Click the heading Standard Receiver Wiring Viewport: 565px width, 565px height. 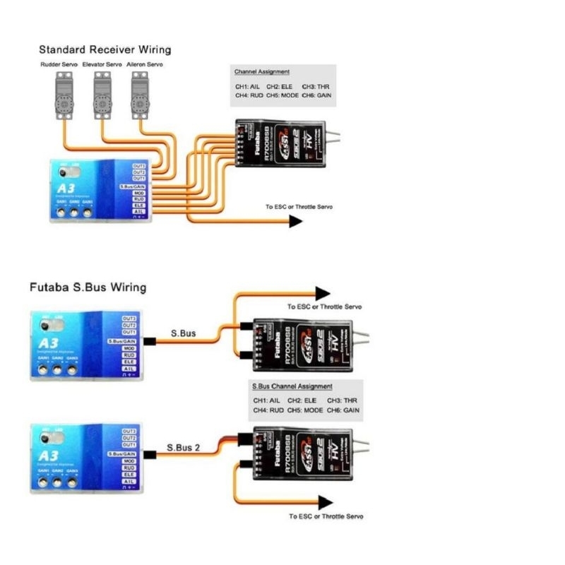click(105, 50)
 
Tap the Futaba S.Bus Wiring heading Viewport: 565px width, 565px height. click(88, 287)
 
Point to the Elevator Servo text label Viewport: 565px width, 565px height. click(102, 65)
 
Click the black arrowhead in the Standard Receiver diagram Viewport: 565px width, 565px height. click(295, 221)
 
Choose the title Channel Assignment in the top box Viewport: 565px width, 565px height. click(262, 72)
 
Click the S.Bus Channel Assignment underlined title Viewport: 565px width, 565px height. click(292, 387)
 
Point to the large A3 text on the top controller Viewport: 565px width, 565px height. click(64, 188)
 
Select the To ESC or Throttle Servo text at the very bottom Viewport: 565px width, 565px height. click(326, 516)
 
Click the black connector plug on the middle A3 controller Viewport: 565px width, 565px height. click(149, 342)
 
